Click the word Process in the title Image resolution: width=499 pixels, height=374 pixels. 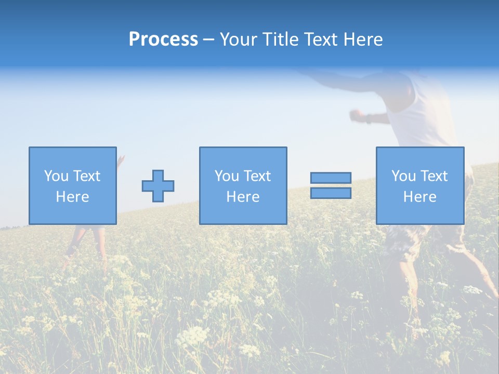163,39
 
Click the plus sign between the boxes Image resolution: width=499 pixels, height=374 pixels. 158,186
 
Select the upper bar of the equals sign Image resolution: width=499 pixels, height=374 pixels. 331,178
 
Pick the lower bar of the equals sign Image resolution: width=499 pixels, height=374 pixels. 331,193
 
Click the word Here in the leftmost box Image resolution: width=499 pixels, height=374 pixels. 72,197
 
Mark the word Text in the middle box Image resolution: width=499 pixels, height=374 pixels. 257,176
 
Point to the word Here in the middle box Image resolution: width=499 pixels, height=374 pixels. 243,197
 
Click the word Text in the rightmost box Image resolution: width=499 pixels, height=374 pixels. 434,176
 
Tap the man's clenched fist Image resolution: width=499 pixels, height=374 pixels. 356,114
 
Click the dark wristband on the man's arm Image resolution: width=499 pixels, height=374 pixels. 369,118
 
